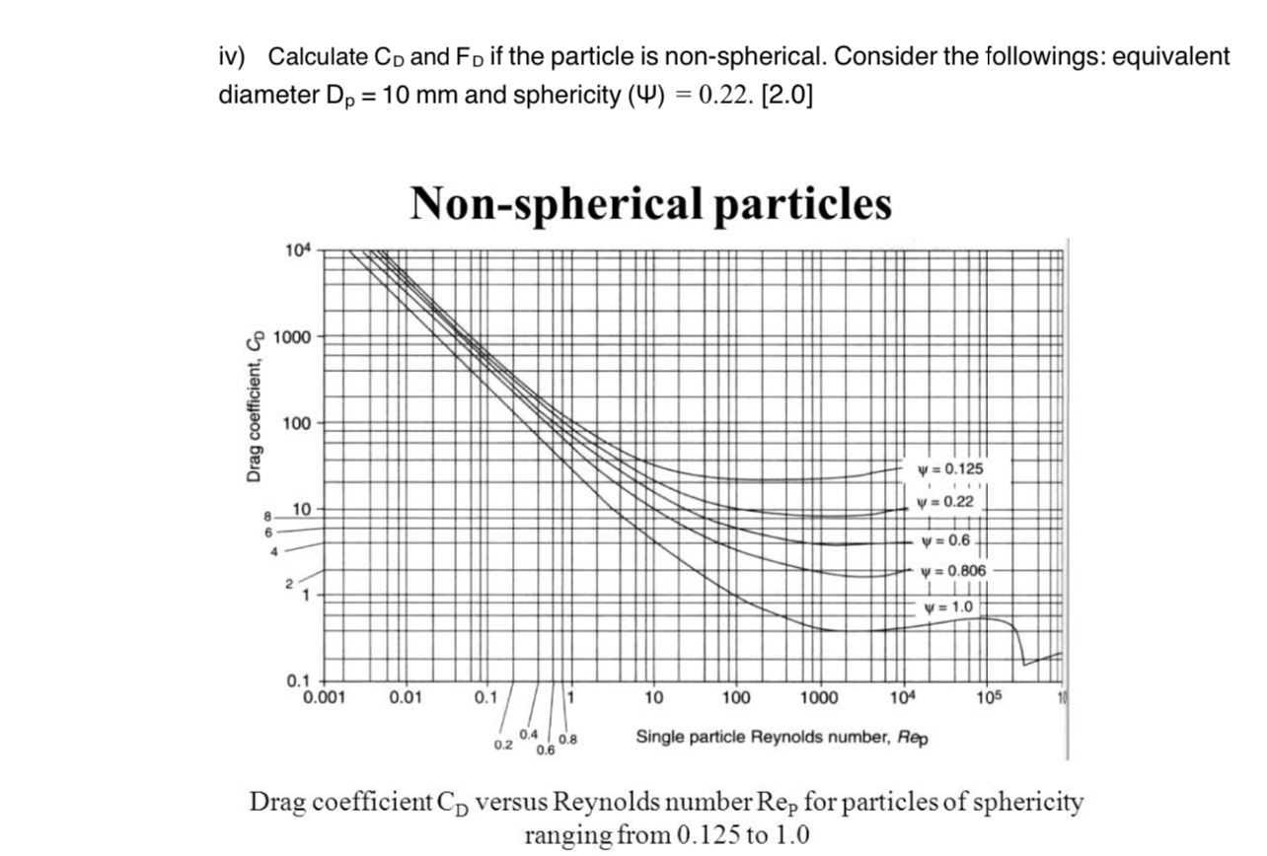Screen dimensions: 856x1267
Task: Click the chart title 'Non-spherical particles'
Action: pyautogui.click(x=650, y=204)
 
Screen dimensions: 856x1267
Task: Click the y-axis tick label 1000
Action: pyautogui.click(x=292, y=336)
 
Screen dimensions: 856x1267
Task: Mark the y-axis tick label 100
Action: pyautogui.click(x=296, y=424)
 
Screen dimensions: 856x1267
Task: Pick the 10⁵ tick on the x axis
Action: pyautogui.click(x=988, y=698)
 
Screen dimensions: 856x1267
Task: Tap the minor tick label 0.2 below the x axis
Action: pyautogui.click(x=502, y=744)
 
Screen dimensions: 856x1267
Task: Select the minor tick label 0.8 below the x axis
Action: pyautogui.click(x=567, y=739)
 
